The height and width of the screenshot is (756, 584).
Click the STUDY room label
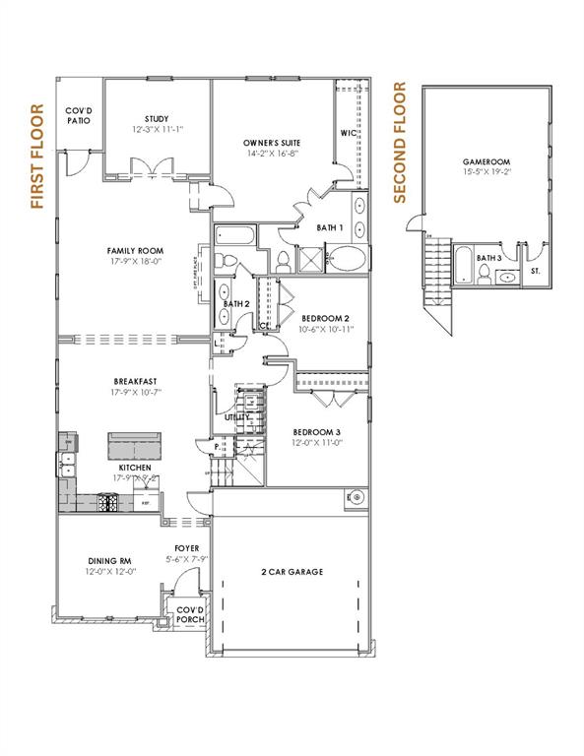click(x=157, y=118)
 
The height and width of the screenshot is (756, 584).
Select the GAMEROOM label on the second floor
click(x=486, y=161)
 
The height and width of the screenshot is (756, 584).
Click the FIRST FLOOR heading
click(x=37, y=157)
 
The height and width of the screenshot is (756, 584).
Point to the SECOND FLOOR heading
click(x=400, y=143)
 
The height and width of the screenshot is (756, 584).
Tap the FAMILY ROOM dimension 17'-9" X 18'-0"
click(x=135, y=263)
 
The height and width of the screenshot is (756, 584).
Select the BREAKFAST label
click(x=135, y=381)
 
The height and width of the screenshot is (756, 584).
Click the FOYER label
click(x=187, y=548)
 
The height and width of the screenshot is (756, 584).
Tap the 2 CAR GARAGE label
click(x=292, y=571)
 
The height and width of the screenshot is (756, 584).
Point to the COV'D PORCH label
click(x=188, y=615)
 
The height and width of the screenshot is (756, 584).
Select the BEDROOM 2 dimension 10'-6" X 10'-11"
click(x=326, y=330)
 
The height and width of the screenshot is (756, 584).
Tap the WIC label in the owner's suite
click(x=348, y=133)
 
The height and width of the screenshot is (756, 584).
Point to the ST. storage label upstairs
click(x=535, y=269)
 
